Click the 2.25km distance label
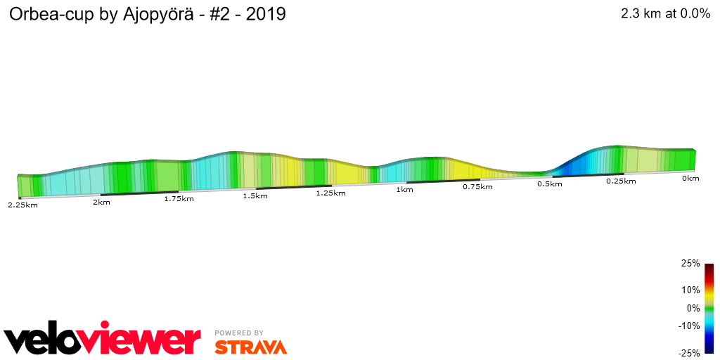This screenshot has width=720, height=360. pyautogui.click(x=22, y=205)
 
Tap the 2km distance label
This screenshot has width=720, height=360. pyautogui.click(x=101, y=202)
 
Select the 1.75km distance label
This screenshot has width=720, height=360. pyautogui.click(x=179, y=199)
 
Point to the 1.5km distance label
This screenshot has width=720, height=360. pyautogui.click(x=255, y=195)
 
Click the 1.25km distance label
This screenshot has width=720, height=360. pyautogui.click(x=330, y=193)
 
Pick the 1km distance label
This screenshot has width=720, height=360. pyautogui.click(x=404, y=190)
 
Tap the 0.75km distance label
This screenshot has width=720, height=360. pyautogui.click(x=477, y=187)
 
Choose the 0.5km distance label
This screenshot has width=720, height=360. pyautogui.click(x=550, y=184)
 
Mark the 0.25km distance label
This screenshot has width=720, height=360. pyautogui.click(x=621, y=181)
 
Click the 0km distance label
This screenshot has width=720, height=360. pyautogui.click(x=690, y=179)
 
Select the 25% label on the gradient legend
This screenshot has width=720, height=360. pyautogui.click(x=690, y=264)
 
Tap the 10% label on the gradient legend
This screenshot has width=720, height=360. pyautogui.click(x=690, y=290)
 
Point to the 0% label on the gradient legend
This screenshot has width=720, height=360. pyautogui.click(x=693, y=308)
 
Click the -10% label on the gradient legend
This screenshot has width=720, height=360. pyautogui.click(x=689, y=326)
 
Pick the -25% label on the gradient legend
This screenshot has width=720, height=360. pyautogui.click(x=689, y=353)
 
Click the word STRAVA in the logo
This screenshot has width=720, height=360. pyautogui.click(x=250, y=347)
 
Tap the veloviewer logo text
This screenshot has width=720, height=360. pyautogui.click(x=103, y=340)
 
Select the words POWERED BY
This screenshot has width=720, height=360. pyautogui.click(x=239, y=333)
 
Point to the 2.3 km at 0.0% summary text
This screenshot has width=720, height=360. pyautogui.click(x=665, y=14)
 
